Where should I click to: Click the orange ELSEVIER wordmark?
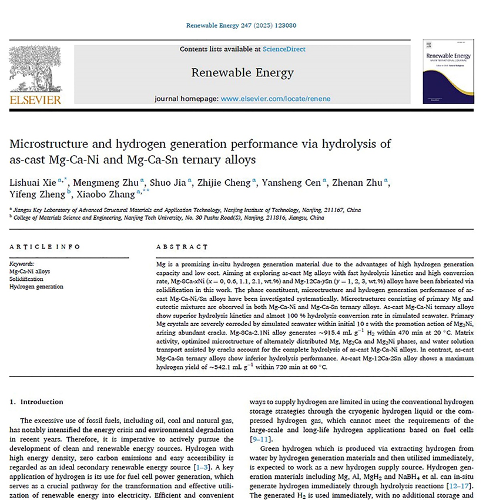[x=35, y=100]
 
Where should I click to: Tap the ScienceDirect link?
[x=284, y=49]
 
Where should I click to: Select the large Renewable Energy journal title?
[x=242, y=73]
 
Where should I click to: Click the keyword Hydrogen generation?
[x=36, y=287]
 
